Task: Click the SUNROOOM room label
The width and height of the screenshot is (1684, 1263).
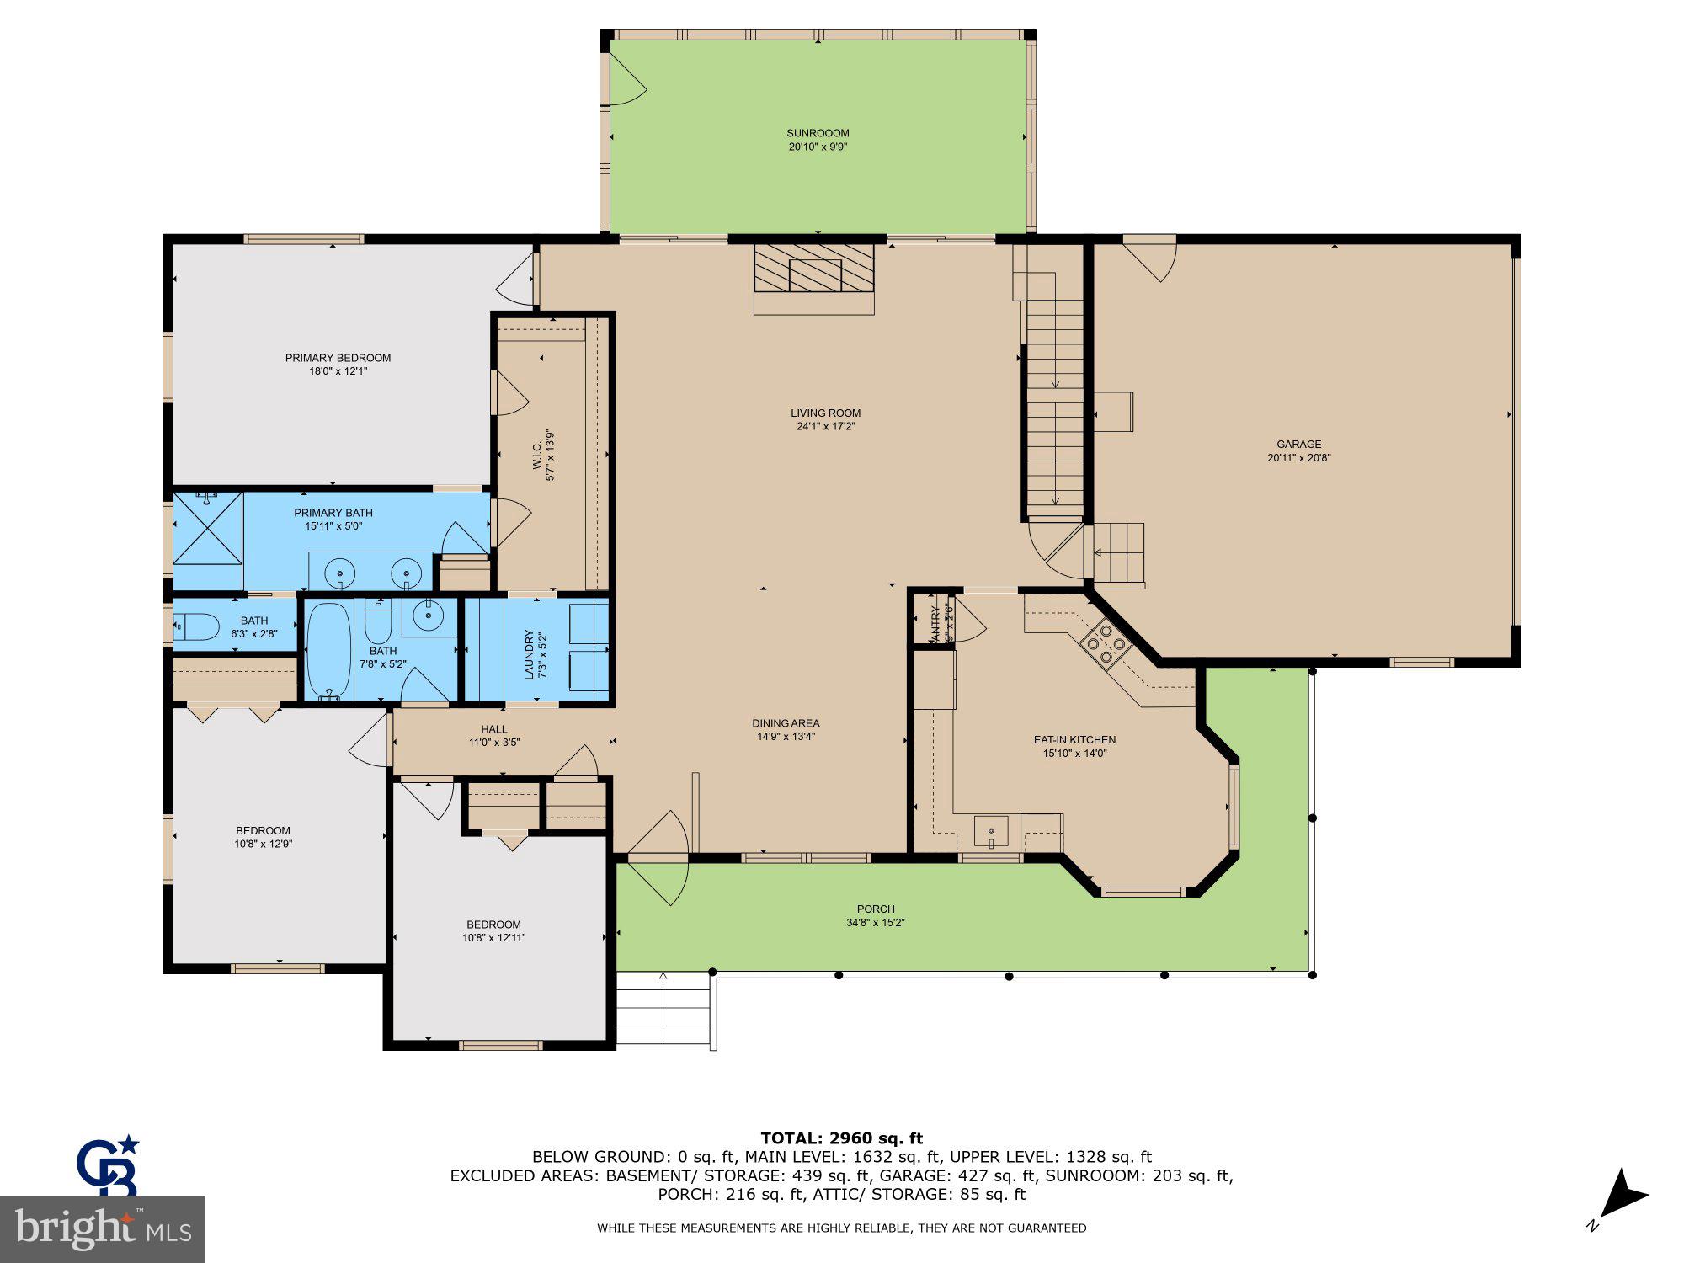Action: [x=818, y=133]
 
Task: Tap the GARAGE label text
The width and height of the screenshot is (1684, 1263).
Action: [x=1298, y=445]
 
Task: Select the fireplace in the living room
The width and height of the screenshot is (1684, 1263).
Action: [x=814, y=269]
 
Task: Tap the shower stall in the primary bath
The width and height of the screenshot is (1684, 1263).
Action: [x=207, y=528]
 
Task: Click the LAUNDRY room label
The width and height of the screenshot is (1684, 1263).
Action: [x=530, y=655]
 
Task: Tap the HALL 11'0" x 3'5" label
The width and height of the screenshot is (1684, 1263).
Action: [x=494, y=735]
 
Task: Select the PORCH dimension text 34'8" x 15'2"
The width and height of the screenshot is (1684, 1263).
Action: [x=876, y=923]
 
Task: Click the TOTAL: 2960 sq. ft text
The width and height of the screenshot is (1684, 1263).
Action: [x=841, y=1139]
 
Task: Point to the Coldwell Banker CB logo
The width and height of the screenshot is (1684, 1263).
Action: [x=108, y=1166]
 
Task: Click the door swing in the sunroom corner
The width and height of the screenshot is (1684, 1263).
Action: [x=625, y=80]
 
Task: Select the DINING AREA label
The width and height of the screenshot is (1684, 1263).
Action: [x=786, y=723]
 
